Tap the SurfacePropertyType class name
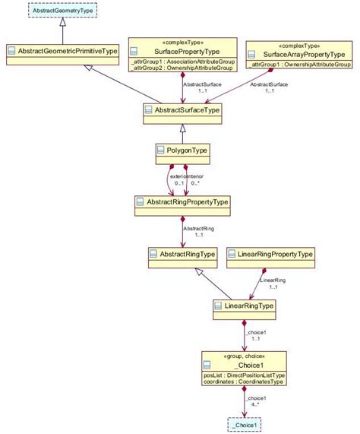coord(182,52)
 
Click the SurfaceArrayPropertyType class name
coord(304,55)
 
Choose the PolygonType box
coord(182,151)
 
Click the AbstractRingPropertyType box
coord(182,202)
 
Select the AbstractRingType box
coord(182,253)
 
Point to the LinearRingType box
coord(243,306)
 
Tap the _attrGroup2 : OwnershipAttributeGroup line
coord(182,68)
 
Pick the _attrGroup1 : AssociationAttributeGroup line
coord(182,61)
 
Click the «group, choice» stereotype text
coord(243,356)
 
